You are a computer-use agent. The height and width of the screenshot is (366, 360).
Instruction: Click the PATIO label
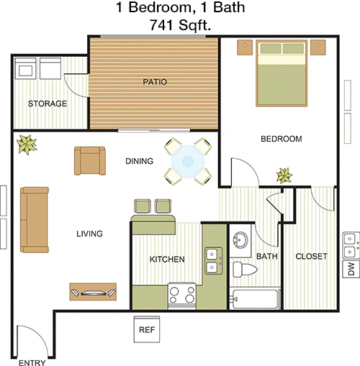pos(155,82)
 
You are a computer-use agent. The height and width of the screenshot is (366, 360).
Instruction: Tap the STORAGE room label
pos(48,104)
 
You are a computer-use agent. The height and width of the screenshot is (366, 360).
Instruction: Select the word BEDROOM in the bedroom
pos(282,139)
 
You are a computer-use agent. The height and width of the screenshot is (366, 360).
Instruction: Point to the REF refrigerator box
pos(147,329)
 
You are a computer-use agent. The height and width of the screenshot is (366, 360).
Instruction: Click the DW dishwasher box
pos(351,269)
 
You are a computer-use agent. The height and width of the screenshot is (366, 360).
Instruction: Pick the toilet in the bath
pos(245,269)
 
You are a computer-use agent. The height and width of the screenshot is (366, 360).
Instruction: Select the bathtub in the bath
pos(255,299)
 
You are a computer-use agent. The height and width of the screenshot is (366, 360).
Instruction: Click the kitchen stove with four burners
pos(182,296)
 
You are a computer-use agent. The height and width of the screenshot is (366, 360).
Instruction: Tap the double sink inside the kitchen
pos(213,260)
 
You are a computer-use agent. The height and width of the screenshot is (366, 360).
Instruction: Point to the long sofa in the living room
pos(35,220)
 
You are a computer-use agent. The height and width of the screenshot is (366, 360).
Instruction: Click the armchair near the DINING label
pos(90,160)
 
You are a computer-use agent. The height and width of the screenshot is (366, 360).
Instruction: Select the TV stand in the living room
pos(93,292)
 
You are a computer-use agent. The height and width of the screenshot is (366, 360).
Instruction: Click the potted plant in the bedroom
pos(284,175)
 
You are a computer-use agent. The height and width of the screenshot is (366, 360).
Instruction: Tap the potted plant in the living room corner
pos(27,145)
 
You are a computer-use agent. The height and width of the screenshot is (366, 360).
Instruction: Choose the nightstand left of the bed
pos(245,47)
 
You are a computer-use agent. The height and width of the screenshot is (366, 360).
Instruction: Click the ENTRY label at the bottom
pos(32,362)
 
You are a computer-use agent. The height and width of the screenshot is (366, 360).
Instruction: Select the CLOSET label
pos(311,257)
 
